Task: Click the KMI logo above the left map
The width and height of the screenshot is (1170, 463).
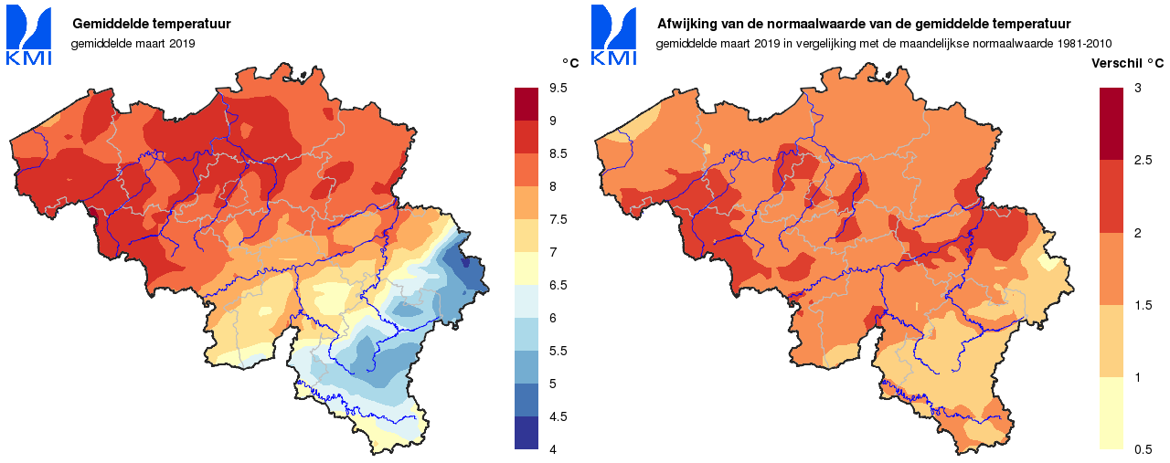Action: point(28,36)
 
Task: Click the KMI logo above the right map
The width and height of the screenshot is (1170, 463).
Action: point(613,36)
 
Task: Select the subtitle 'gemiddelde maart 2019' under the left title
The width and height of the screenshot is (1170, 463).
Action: point(133,43)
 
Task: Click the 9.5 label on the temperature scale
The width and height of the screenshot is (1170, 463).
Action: point(558,88)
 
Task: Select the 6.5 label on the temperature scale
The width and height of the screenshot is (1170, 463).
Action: point(558,285)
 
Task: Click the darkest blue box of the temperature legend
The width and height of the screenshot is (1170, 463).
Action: point(526,433)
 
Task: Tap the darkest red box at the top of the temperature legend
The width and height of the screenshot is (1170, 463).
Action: point(526,104)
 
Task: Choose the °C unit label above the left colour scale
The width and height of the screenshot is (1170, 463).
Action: point(569,63)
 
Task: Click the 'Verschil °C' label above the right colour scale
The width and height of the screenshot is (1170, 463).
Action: point(1128,63)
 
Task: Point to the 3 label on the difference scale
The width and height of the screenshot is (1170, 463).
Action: point(1137,88)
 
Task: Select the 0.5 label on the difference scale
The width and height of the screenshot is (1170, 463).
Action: point(1143,449)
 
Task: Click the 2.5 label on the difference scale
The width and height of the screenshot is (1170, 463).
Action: point(1143,161)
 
